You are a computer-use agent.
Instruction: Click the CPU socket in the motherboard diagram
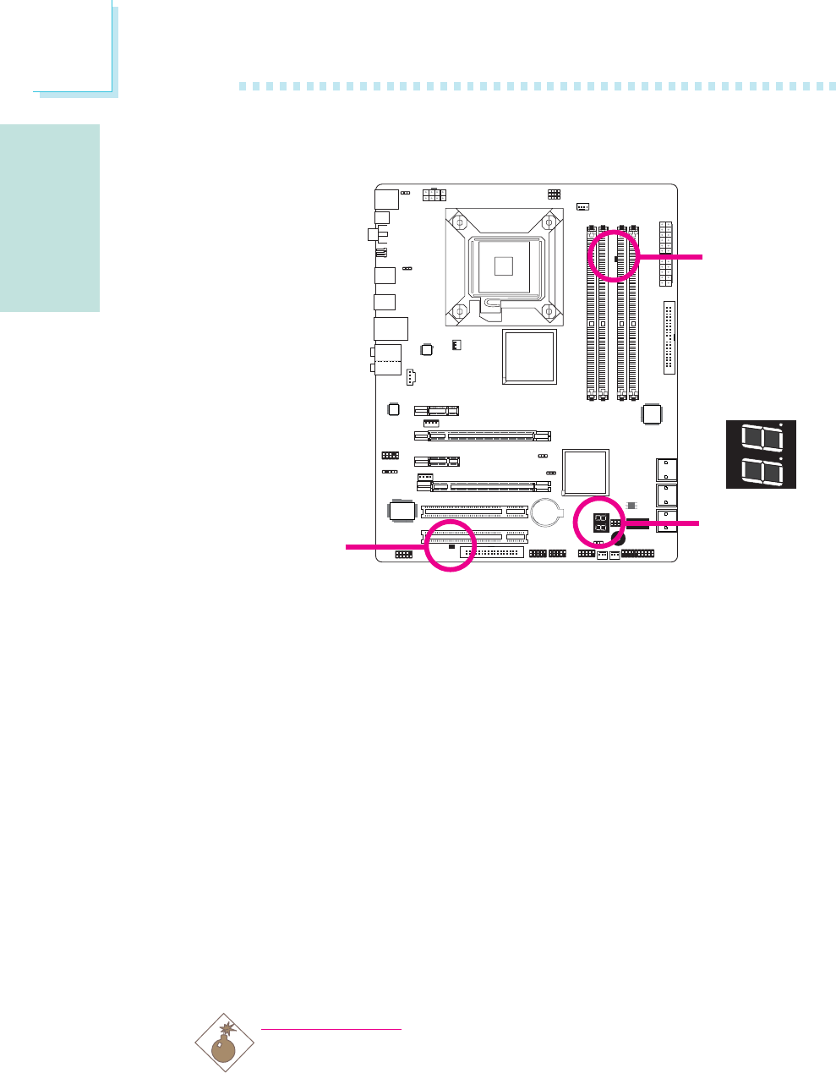[504, 266]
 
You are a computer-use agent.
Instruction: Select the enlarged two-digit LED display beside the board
[761, 454]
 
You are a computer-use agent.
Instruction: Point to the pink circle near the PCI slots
[450, 546]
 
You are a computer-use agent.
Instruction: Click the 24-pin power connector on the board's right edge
[666, 253]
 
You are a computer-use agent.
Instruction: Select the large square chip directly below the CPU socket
[529, 357]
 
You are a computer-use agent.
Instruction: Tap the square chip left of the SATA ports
[586, 470]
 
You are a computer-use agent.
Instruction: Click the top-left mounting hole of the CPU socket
[457, 222]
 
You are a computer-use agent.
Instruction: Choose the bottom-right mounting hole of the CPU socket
[550, 311]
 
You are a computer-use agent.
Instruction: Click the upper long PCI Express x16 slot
[482, 436]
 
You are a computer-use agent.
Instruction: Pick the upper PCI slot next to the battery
[474, 512]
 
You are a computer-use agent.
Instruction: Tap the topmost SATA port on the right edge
[666, 470]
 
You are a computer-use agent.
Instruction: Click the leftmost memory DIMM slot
[591, 313]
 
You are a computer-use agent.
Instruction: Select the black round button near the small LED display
[619, 539]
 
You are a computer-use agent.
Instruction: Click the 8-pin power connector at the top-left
[434, 195]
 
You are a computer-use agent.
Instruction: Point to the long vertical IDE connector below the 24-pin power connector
[669, 337]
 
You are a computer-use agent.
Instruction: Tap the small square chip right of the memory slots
[652, 414]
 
